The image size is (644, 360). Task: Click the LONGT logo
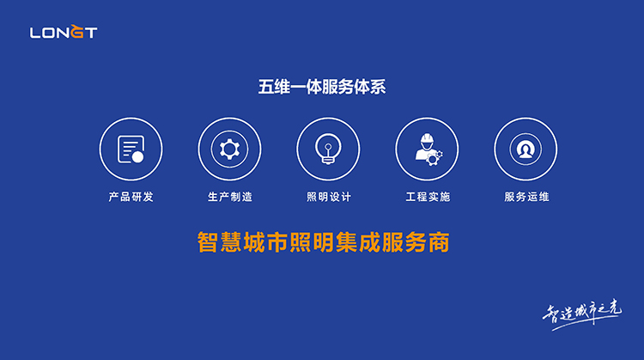pyautogui.click(x=64, y=32)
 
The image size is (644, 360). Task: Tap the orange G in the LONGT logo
pyautogui.click(x=76, y=31)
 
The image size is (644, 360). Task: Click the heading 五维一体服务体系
pyautogui.click(x=322, y=87)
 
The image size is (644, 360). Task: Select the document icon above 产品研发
pyautogui.click(x=131, y=149)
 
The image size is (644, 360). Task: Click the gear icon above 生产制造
pyautogui.click(x=229, y=149)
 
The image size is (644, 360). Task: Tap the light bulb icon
pyautogui.click(x=328, y=149)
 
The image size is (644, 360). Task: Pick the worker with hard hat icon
pyautogui.click(x=428, y=149)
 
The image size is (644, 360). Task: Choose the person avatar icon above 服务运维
pyautogui.click(x=526, y=149)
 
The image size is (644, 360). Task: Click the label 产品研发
pyautogui.click(x=131, y=197)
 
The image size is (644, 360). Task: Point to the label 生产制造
pyautogui.click(x=230, y=197)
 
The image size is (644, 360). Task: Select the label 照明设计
pyautogui.click(x=329, y=197)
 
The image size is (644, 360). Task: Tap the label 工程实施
pyautogui.click(x=428, y=197)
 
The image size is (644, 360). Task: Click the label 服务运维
pyautogui.click(x=526, y=197)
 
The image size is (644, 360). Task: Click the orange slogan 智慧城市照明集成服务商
pyautogui.click(x=323, y=242)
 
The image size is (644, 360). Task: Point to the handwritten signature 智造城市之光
pyautogui.click(x=582, y=314)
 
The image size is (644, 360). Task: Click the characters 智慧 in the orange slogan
pyautogui.click(x=220, y=242)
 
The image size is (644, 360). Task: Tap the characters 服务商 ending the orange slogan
pyautogui.click(x=416, y=242)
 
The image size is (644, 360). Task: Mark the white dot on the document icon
pyautogui.click(x=138, y=157)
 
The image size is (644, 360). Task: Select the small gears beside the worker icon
pyautogui.click(x=434, y=158)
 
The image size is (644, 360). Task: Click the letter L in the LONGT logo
pyautogui.click(x=35, y=33)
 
